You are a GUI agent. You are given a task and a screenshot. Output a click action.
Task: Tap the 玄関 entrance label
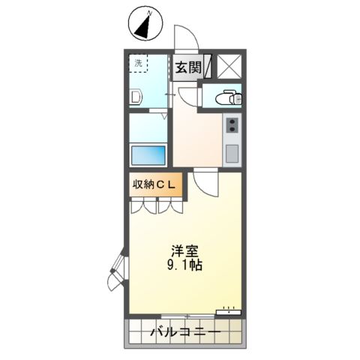point(187,67)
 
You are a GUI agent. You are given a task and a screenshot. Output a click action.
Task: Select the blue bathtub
point(148,156)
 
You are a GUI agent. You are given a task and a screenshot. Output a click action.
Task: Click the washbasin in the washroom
point(135,97)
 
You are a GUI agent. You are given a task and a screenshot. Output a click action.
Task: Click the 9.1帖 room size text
point(182,265)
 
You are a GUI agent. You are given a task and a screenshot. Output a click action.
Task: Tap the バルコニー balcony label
point(184,331)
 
